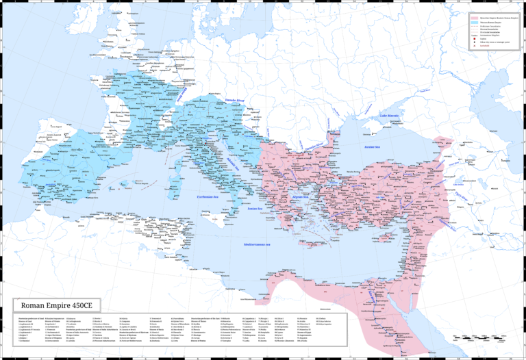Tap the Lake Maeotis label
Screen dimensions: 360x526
(389, 116)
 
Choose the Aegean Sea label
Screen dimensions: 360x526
(301, 196)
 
